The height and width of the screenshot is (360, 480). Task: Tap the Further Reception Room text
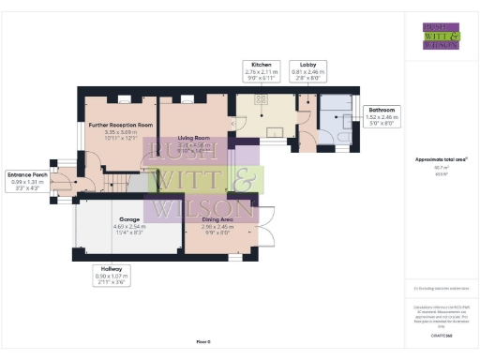(x=121, y=125)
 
